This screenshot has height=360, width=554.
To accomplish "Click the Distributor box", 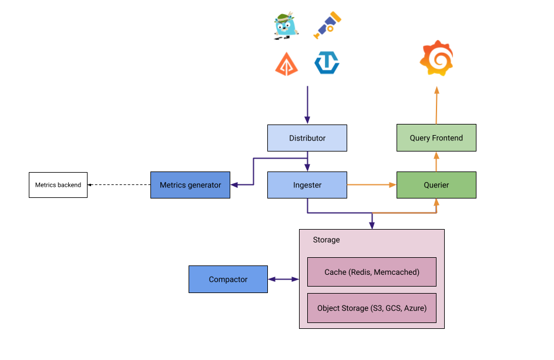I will (307, 138).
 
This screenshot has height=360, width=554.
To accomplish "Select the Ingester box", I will (307, 185).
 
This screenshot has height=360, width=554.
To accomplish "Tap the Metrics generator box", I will (190, 185).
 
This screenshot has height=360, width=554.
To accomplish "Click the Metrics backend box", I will (58, 185).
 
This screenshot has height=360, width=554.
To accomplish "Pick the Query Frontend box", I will (436, 138).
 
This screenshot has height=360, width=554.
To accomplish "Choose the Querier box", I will (436, 185).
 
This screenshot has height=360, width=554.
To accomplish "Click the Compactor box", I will (228, 279).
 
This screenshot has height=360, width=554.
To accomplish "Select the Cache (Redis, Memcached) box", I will (372, 272).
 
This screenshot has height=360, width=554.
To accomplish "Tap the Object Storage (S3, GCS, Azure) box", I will (372, 308).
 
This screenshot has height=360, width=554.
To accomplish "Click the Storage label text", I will (326, 240).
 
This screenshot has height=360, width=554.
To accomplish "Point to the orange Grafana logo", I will (437, 58).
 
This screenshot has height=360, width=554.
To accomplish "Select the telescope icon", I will (327, 25).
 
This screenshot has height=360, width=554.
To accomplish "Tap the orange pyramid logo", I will (286, 63).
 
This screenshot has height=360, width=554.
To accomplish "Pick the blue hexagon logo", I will (327, 63).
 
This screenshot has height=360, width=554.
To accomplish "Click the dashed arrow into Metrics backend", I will (119, 185).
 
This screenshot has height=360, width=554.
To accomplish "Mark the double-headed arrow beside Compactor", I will (283, 279).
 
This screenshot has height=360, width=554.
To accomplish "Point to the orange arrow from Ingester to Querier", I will (371, 185).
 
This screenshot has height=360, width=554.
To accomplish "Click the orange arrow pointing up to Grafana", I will (437, 106).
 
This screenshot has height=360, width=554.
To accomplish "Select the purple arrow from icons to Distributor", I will (307, 106).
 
